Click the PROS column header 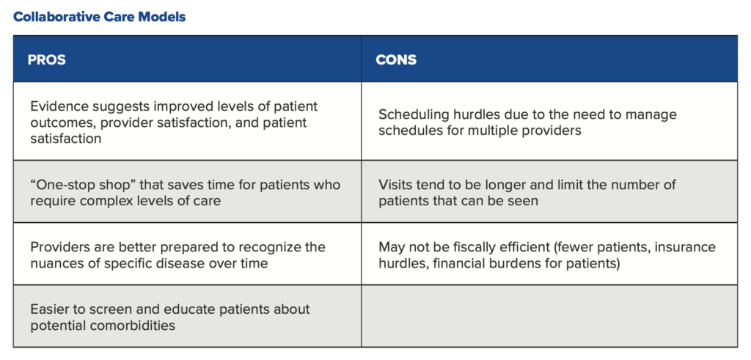(46, 60)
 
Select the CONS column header (396, 60)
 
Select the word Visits (395, 185)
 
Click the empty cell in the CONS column (549, 316)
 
